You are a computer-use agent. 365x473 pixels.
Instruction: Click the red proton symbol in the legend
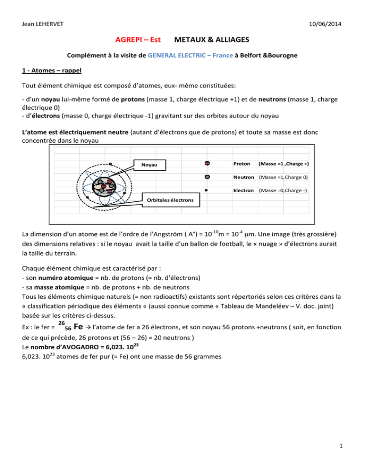click(207, 164)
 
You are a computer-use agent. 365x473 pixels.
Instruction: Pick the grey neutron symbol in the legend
click(207, 177)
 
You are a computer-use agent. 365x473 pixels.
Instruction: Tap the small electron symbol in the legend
click(206, 190)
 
